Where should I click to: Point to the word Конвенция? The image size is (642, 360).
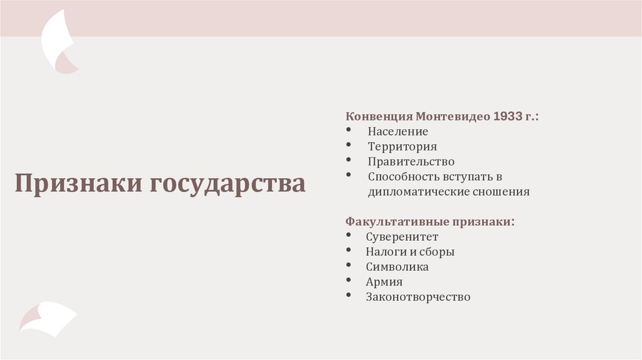pyautogui.click(x=379, y=117)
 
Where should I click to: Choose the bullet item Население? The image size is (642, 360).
pyautogui.click(x=398, y=132)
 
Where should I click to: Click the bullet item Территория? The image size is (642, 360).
pyautogui.click(x=403, y=147)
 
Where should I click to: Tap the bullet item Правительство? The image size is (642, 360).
pyautogui.click(x=411, y=162)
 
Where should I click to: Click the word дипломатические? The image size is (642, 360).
pyautogui.click(x=419, y=192)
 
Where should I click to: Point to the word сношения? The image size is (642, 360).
pyautogui.click(x=501, y=192)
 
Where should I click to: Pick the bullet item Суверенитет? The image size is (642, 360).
pyautogui.click(x=402, y=237)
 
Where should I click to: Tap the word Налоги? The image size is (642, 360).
pyautogui.click(x=384, y=252)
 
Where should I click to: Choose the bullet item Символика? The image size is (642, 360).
pyautogui.click(x=397, y=267)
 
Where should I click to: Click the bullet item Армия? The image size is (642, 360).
pyautogui.click(x=384, y=282)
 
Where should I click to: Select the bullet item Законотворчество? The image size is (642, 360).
pyautogui.click(x=418, y=297)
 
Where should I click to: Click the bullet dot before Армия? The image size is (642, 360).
pyautogui.click(x=349, y=281)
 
